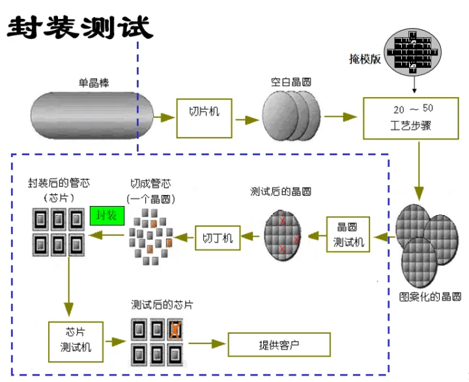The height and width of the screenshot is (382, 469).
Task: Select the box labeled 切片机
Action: click(x=204, y=117)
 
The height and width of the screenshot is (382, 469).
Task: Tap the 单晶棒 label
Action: click(x=94, y=83)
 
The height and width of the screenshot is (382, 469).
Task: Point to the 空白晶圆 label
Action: click(x=291, y=83)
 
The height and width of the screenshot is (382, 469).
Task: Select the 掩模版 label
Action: click(x=365, y=59)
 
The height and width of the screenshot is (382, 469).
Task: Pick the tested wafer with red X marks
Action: click(x=283, y=235)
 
